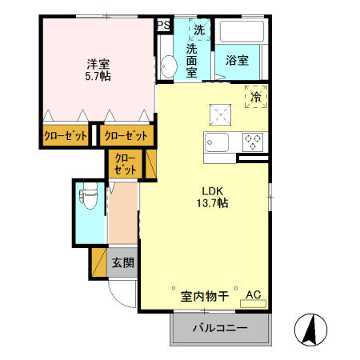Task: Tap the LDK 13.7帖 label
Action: (x=212, y=197)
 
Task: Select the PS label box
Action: (x=163, y=24)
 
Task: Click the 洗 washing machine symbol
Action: (x=198, y=30)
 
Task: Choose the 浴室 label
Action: (x=237, y=60)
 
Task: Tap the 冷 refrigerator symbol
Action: (x=257, y=96)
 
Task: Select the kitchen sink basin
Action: (x=217, y=143)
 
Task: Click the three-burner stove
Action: (x=254, y=142)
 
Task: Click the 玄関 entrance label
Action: (x=122, y=262)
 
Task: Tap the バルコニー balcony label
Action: (x=220, y=329)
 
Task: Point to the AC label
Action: (x=254, y=295)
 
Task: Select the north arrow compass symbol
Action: (x=311, y=329)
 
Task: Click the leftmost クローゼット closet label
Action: (x=65, y=135)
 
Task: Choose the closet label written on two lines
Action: (x=126, y=164)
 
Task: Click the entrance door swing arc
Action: (x=120, y=298)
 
